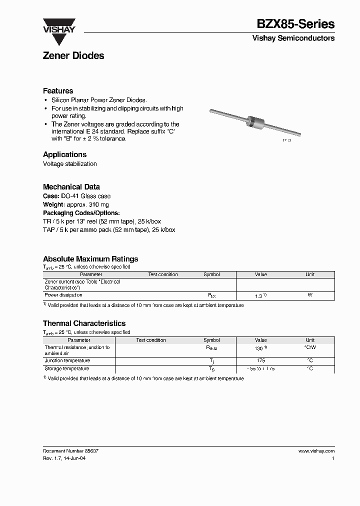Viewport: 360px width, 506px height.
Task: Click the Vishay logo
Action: [x=58, y=25]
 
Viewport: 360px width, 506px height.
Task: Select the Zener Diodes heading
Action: [x=73, y=56]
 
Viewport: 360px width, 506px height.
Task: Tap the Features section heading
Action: [x=58, y=91]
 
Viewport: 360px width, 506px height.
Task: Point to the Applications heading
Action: [x=64, y=154]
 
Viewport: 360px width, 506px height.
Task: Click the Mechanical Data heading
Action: [x=71, y=187]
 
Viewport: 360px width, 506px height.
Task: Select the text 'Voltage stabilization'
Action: [x=70, y=164]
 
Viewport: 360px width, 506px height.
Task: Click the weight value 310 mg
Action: [x=98, y=204]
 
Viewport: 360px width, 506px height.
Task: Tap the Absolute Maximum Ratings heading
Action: [x=90, y=259]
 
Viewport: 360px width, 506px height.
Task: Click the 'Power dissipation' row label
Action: [x=63, y=295]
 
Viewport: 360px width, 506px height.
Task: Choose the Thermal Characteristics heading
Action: [x=84, y=323]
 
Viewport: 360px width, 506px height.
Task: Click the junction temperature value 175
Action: [x=260, y=360]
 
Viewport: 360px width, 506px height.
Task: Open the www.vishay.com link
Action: [x=316, y=450]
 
